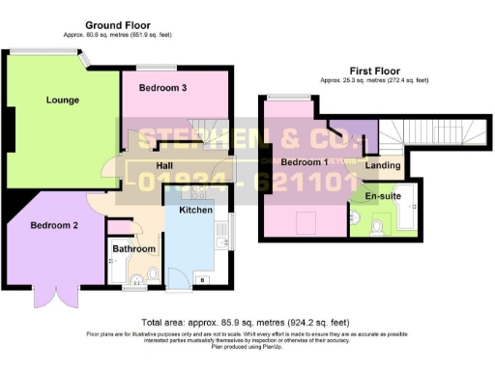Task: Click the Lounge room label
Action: click(61, 100)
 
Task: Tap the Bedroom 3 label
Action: click(161, 88)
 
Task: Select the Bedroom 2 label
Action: click(53, 225)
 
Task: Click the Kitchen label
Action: click(196, 210)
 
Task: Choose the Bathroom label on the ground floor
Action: click(133, 248)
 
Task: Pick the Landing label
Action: click(383, 166)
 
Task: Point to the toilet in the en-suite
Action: click(377, 226)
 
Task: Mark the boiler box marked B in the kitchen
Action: click(202, 279)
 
